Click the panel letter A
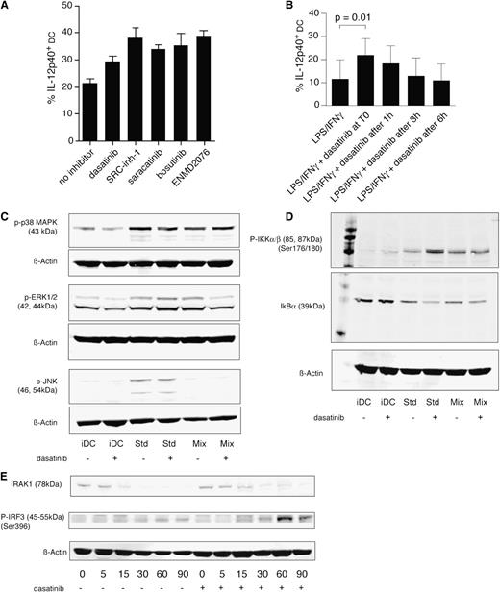[9, 10]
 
